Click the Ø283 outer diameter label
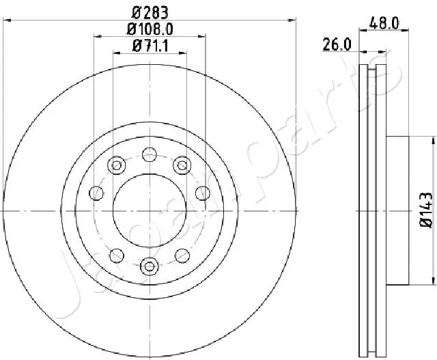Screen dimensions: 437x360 tap(150, 12)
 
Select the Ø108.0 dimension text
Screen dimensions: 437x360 tap(150, 29)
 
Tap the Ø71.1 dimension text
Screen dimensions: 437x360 tap(150, 46)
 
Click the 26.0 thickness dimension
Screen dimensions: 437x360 tap(337, 44)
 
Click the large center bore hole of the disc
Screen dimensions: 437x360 tap(150, 211)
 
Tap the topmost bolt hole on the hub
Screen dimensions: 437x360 tap(150, 154)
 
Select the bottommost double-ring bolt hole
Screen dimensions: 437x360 tap(150, 266)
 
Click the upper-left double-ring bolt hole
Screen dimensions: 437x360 tap(117, 165)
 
